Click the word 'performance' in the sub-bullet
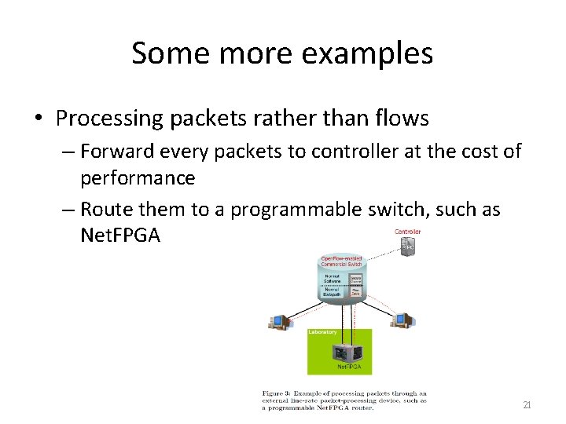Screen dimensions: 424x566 pyautogui.click(x=138, y=177)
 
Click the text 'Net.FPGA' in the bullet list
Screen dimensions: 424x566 pyautogui.click(x=120, y=235)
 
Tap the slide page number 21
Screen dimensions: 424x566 pyautogui.click(x=527, y=405)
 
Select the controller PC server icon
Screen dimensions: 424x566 pyautogui.click(x=407, y=247)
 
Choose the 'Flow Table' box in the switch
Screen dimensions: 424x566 pyautogui.click(x=355, y=292)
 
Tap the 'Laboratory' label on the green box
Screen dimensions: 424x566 pyautogui.click(x=323, y=333)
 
